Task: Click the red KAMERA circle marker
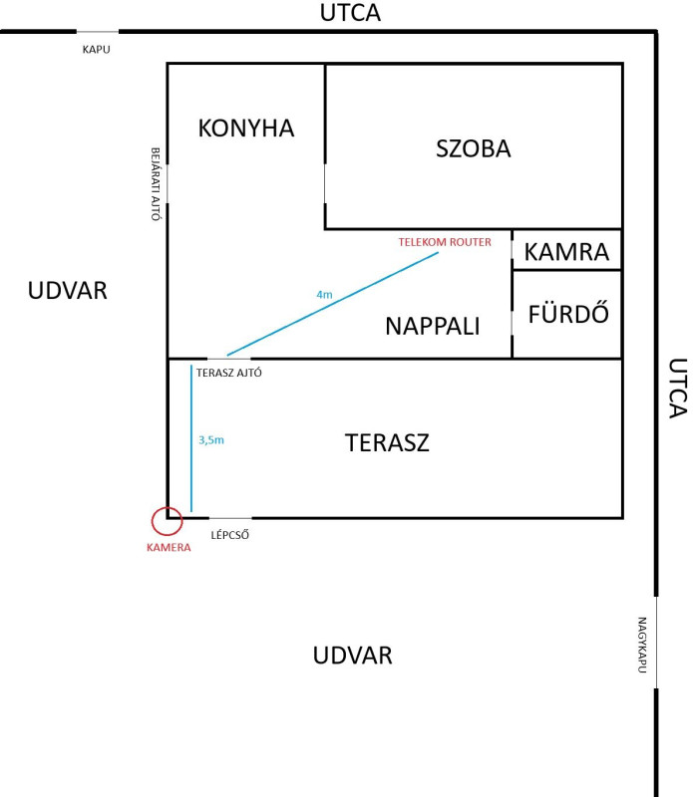pos(153,520)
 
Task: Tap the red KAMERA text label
pos(169,547)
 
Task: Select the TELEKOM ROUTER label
pos(445,242)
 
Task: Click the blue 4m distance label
pos(324,294)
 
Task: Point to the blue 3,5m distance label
pos(211,440)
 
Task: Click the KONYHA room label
pos(246,129)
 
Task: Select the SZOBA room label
pos(474,148)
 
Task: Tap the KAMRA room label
pos(566,252)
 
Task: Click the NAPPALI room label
pos(433,326)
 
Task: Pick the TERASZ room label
pos(387,442)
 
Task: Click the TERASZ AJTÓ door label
pos(229,373)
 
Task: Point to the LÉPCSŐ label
pos(230,535)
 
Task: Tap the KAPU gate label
pos(96,49)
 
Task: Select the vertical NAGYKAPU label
pos(642,645)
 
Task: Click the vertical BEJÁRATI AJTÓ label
pos(156,184)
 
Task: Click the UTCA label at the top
pos(350,13)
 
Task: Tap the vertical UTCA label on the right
pos(678,389)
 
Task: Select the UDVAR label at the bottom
pos(353,656)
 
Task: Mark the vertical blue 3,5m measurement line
pos(191,438)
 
